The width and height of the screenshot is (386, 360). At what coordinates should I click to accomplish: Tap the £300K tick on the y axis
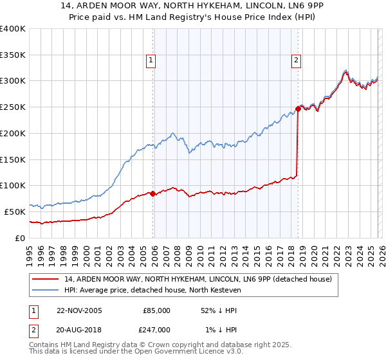13,81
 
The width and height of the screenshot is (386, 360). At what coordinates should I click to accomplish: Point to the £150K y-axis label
13,159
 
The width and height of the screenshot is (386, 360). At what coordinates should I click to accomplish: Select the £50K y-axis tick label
15,212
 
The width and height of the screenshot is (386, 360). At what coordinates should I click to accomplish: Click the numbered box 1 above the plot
151,61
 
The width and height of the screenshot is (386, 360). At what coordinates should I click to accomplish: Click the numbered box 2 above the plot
296,61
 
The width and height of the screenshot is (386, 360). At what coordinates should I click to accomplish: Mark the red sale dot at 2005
152,194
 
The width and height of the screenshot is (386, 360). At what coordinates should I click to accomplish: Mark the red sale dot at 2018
298,109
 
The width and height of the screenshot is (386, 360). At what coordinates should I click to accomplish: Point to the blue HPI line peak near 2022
345,71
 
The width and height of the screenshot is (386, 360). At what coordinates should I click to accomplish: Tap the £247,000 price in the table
156,329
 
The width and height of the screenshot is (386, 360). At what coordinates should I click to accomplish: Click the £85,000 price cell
156,310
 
